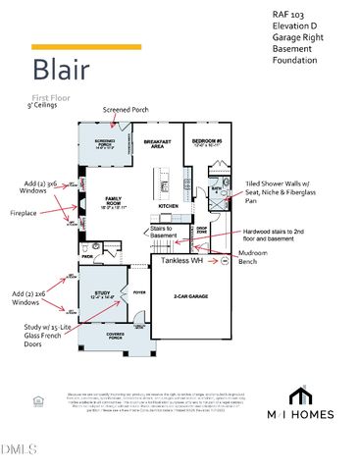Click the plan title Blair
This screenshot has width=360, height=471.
67,70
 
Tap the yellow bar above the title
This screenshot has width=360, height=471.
86,46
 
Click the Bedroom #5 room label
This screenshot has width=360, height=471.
209,143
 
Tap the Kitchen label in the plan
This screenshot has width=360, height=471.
167,205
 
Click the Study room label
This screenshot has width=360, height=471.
101,291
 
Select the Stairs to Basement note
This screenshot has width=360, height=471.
164,232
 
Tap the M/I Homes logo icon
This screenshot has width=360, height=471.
299,395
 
